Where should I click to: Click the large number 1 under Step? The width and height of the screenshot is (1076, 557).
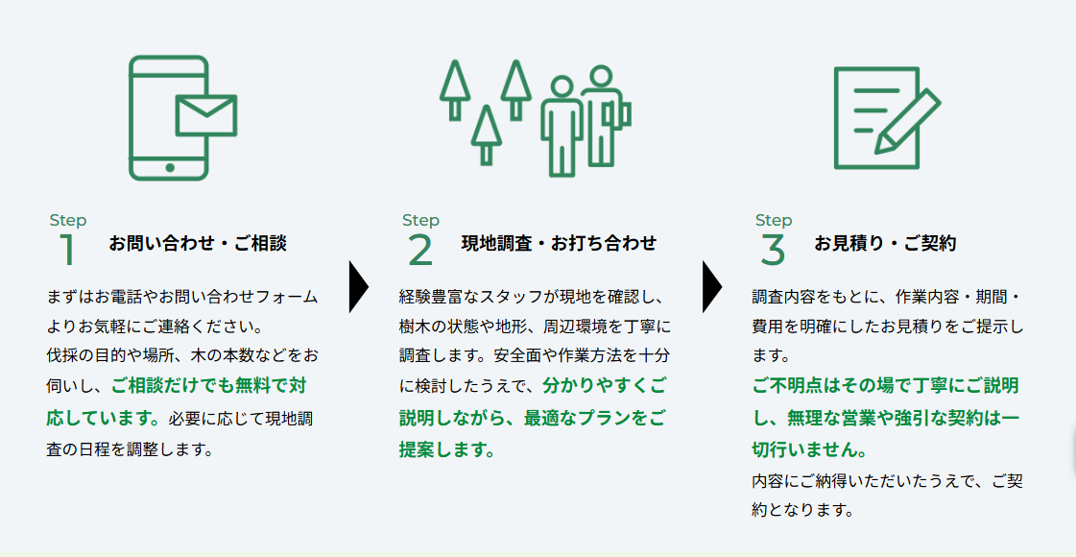(x=67, y=250)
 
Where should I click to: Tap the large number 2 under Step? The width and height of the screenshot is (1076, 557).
(x=420, y=250)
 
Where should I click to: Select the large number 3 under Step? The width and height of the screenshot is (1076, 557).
(x=773, y=250)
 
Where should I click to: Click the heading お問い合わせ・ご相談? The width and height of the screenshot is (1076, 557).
(x=198, y=243)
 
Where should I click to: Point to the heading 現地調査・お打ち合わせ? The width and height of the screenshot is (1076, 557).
(x=560, y=243)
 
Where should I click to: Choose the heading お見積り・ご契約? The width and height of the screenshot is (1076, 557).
(x=885, y=243)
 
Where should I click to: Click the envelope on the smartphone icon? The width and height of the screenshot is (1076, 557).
(x=206, y=115)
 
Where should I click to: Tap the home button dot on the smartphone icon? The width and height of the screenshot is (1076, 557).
(x=170, y=168)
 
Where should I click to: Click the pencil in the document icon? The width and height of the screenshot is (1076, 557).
(x=907, y=121)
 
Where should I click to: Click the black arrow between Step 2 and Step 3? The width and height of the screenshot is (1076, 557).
(x=711, y=286)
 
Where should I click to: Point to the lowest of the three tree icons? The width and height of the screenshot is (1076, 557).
(x=486, y=134)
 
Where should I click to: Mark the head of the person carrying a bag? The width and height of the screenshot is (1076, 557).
(x=601, y=76)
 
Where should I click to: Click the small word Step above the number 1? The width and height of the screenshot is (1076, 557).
(x=68, y=221)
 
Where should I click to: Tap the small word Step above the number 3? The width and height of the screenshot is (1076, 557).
(x=774, y=221)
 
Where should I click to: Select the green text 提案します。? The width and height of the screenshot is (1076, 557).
(x=446, y=449)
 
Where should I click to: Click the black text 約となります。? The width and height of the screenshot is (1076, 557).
(x=802, y=511)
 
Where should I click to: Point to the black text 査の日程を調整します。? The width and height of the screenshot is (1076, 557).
(x=127, y=449)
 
